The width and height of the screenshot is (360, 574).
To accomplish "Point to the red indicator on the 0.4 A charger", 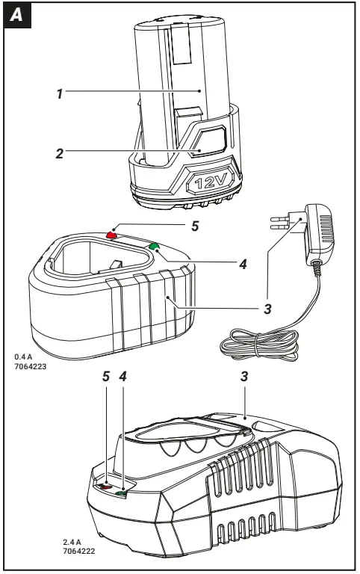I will (x=113, y=234).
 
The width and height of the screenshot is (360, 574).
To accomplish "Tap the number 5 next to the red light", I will (x=194, y=223).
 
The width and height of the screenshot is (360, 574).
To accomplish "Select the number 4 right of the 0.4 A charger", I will (x=242, y=263).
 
